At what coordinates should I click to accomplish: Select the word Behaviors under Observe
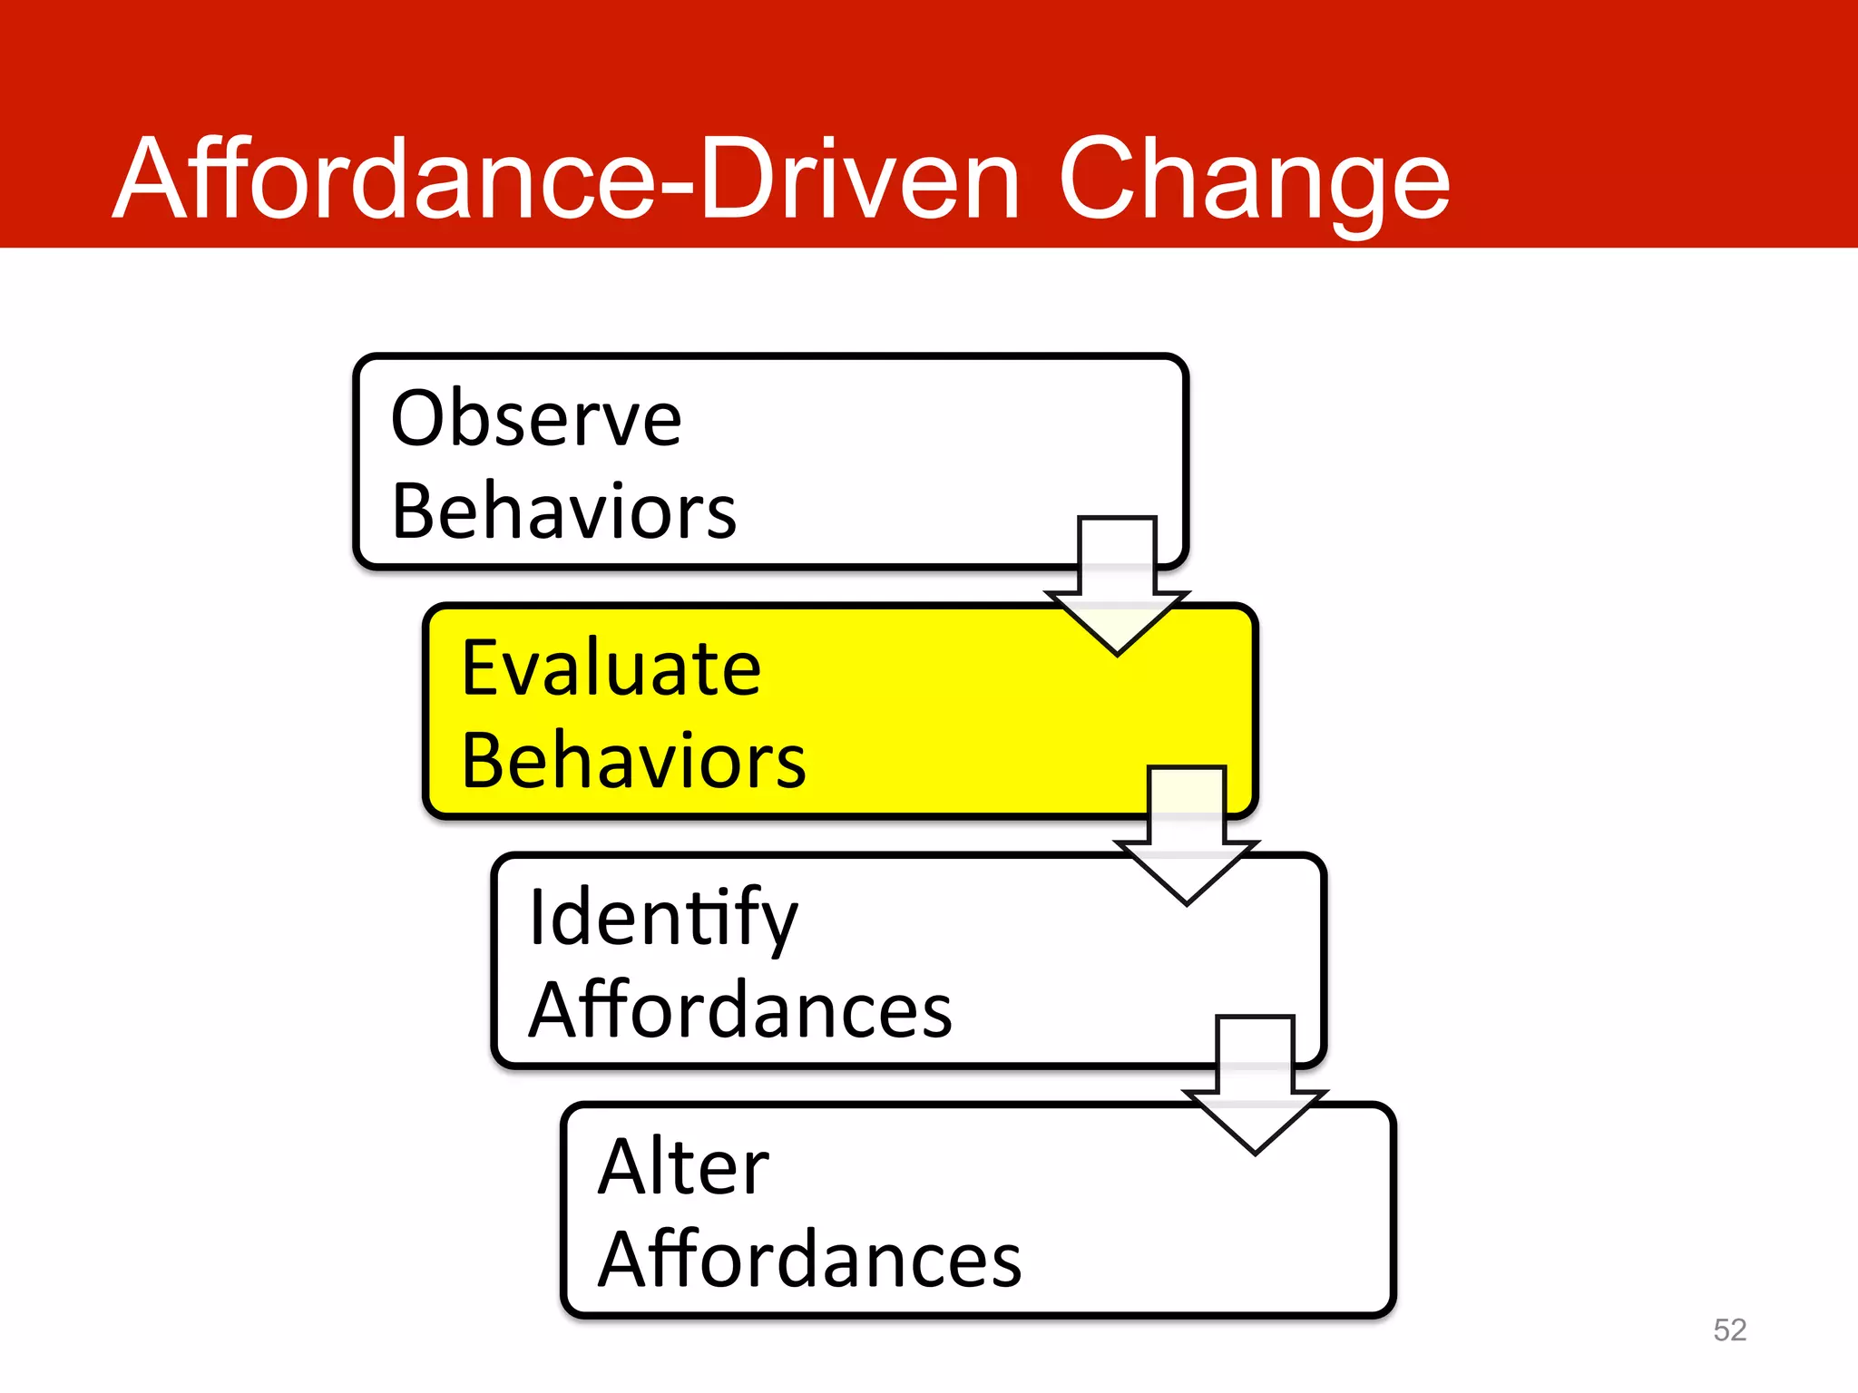pyautogui.click(x=563, y=511)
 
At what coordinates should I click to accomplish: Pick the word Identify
pyautogui.click(x=662, y=918)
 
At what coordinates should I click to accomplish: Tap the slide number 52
pyautogui.click(x=1729, y=1330)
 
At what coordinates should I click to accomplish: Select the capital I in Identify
pyautogui.click(x=536, y=918)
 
